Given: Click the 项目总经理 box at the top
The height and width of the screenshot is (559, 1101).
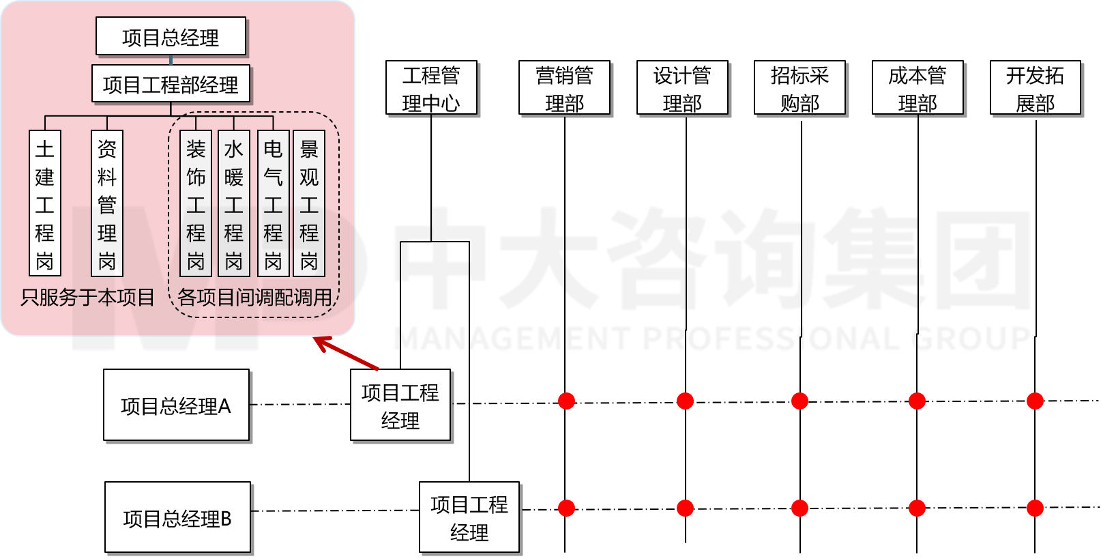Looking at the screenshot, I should pyautogui.click(x=171, y=37).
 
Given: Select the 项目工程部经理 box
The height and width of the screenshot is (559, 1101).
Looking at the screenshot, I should pyautogui.click(x=171, y=84).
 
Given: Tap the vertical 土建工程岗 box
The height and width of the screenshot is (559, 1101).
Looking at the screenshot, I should pyautogui.click(x=45, y=203).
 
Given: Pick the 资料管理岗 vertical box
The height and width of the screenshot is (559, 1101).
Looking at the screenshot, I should pyautogui.click(x=107, y=203).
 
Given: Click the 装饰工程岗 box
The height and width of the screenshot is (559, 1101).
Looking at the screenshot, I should pyautogui.click(x=196, y=203).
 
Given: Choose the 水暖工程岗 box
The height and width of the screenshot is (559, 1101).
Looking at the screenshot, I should pyautogui.click(x=233, y=203).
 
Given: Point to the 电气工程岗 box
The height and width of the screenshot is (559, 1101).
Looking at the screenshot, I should pyautogui.click(x=273, y=203).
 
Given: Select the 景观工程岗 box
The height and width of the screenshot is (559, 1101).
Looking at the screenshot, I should pyautogui.click(x=309, y=203).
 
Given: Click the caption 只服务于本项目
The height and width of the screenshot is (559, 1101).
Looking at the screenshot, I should pyautogui.click(x=88, y=298).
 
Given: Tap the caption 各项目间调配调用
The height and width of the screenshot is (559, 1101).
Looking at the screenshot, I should pyautogui.click(x=254, y=298).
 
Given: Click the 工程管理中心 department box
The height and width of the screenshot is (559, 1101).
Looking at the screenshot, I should pyautogui.click(x=431, y=88).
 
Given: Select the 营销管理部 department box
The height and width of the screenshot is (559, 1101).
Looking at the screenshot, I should pyautogui.click(x=564, y=88).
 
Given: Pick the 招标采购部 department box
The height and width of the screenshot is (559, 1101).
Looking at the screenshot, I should pyautogui.click(x=799, y=88).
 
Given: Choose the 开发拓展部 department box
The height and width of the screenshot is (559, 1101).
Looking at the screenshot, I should pyautogui.click(x=1035, y=88).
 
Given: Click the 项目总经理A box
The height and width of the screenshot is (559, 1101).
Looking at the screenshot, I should pyautogui.click(x=176, y=405).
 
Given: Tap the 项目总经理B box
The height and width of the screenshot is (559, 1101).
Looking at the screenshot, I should pyautogui.click(x=177, y=517).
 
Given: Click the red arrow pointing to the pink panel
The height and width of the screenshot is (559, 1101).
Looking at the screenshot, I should pyautogui.click(x=347, y=354).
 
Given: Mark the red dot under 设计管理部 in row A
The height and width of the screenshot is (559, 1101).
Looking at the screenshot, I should pyautogui.click(x=685, y=401).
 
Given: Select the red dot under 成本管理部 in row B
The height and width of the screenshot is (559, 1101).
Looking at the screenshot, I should pyautogui.click(x=917, y=508).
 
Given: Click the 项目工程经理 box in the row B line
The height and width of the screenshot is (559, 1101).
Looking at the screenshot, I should pyautogui.click(x=469, y=517).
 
